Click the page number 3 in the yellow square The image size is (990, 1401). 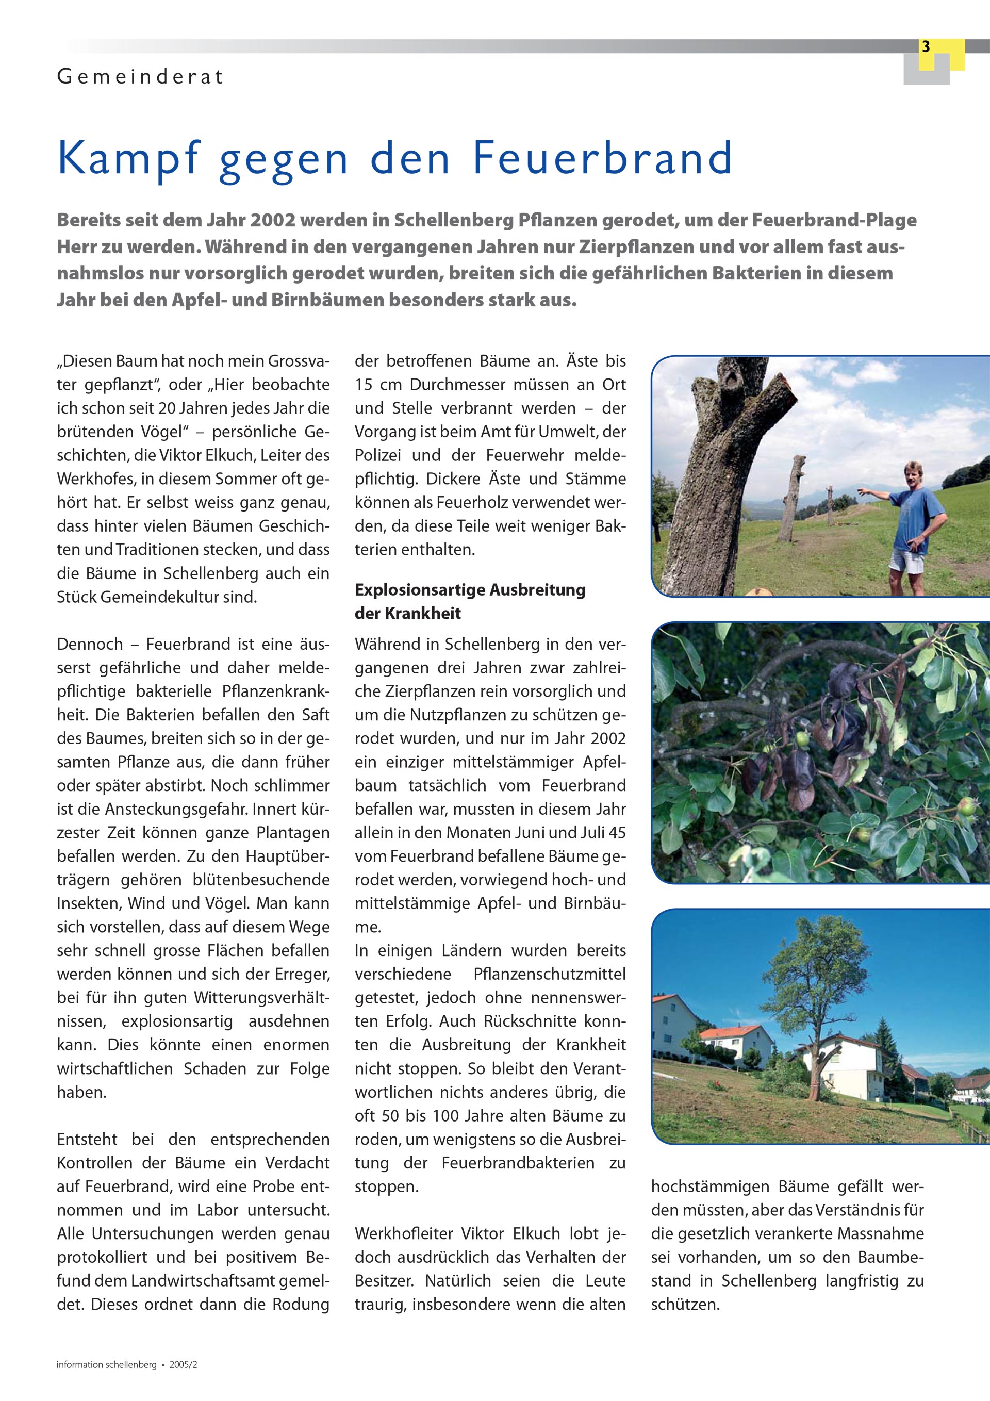tap(926, 47)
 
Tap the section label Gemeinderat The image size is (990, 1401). tap(140, 77)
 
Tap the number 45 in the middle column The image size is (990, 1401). tap(617, 832)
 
